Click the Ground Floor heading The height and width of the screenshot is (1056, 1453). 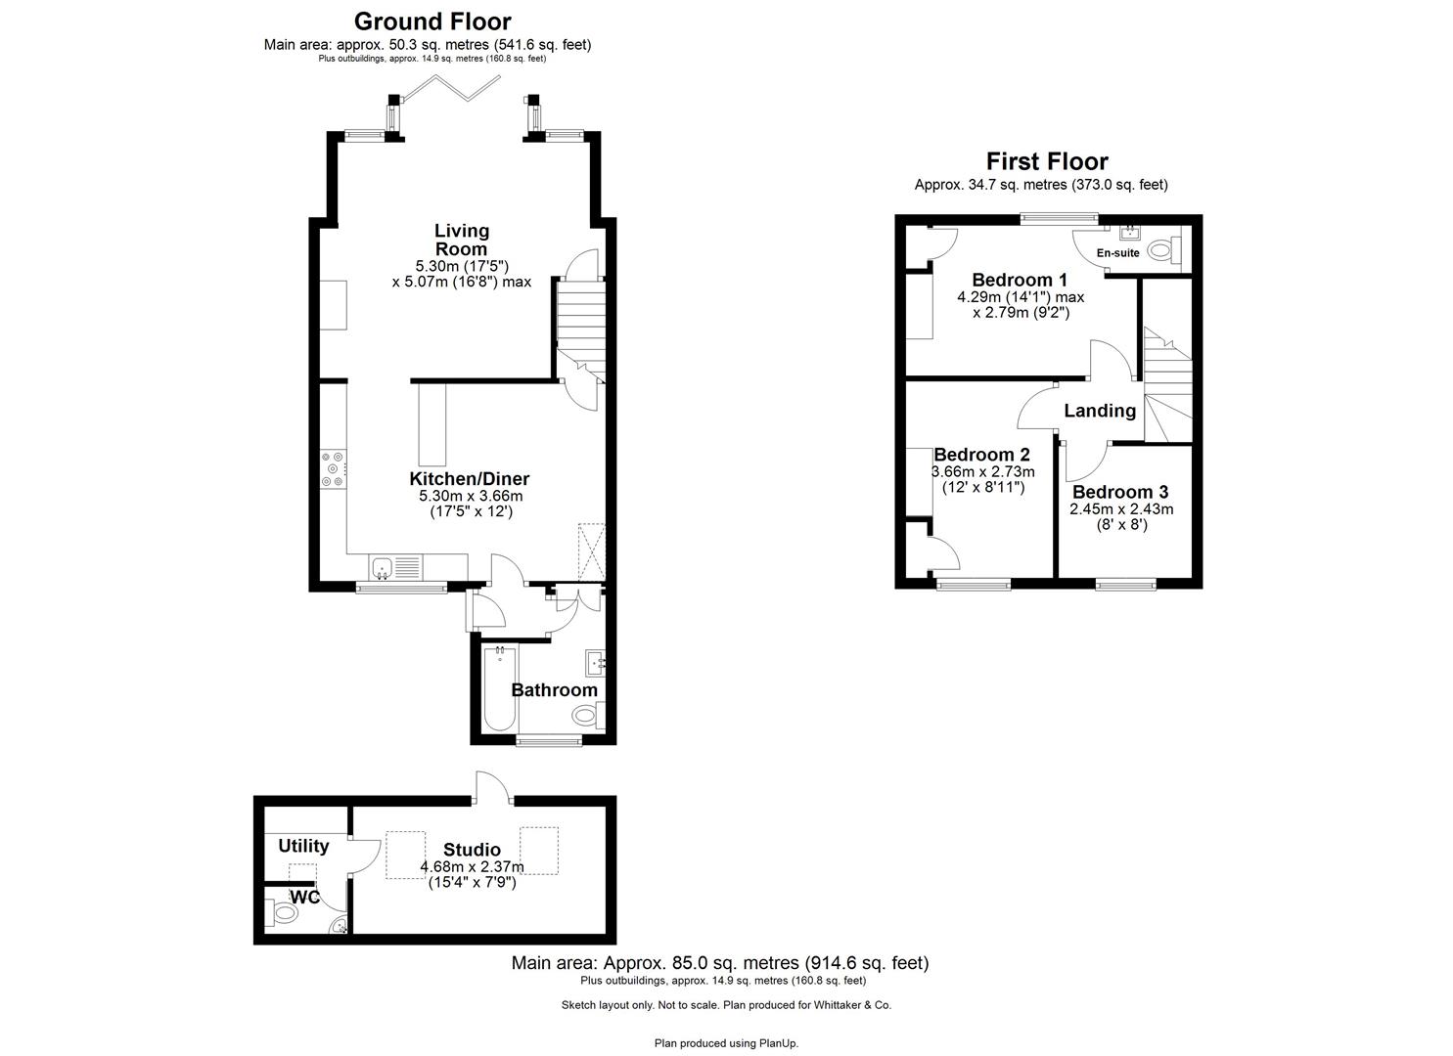(x=431, y=21)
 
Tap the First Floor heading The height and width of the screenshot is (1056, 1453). (x=1046, y=161)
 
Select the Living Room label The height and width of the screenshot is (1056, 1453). (x=462, y=240)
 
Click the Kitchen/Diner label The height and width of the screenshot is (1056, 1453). (x=469, y=479)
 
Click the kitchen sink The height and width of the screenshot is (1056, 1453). (x=383, y=567)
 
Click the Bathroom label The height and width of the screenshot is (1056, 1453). (x=554, y=690)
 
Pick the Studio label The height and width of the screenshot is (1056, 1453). (x=472, y=850)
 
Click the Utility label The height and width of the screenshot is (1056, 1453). (x=303, y=846)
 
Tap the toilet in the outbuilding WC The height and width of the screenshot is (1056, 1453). (x=283, y=913)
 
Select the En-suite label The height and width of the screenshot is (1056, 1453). (x=1117, y=253)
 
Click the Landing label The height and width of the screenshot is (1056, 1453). (x=1100, y=411)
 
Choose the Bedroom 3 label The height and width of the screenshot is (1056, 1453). (x=1120, y=492)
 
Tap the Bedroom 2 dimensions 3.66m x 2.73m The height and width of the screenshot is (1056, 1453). (x=982, y=471)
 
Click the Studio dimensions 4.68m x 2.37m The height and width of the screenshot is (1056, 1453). (x=472, y=866)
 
